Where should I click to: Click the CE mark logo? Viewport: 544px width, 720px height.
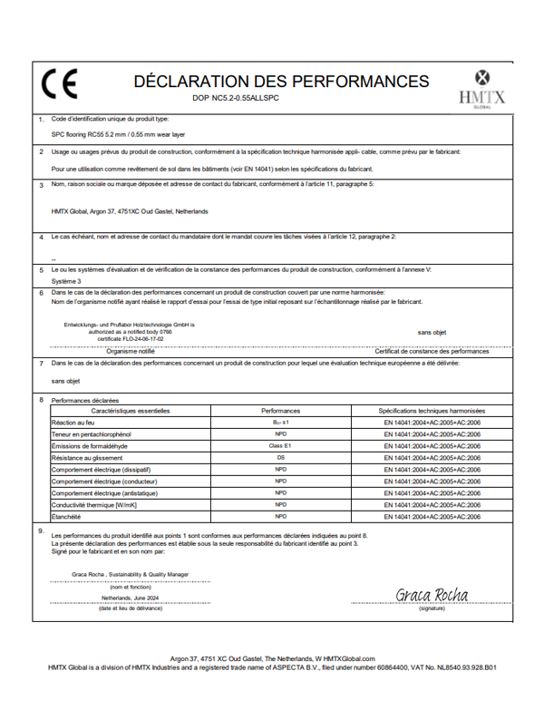tap(60, 86)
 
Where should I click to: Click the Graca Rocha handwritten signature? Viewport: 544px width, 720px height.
tap(431, 595)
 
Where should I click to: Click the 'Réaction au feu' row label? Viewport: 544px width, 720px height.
tap(74, 423)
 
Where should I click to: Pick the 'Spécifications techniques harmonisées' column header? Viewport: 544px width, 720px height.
tap(432, 411)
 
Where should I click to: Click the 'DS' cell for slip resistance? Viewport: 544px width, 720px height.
tap(280, 458)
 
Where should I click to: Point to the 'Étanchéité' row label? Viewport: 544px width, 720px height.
tap(67, 517)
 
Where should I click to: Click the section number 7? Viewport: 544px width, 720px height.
tap(40, 363)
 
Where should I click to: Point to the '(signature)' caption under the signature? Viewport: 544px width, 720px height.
tap(432, 608)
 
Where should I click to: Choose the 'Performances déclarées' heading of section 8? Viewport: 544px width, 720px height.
tap(84, 399)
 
